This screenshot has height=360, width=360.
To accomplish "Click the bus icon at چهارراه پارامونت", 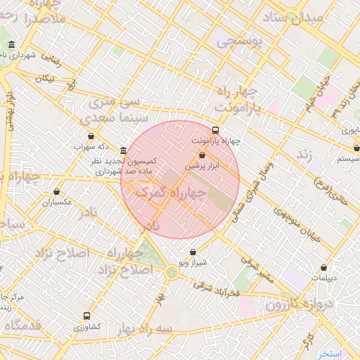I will (215, 130).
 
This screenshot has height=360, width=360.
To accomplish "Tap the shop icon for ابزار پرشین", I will (202, 155).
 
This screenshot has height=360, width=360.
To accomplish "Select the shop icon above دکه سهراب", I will (91, 136).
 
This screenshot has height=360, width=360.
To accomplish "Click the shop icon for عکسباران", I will (56, 192).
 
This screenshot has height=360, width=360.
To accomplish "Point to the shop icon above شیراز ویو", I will (193, 252).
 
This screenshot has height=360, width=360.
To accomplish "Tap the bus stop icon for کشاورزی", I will (86, 316).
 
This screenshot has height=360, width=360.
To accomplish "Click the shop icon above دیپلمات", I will (323, 267).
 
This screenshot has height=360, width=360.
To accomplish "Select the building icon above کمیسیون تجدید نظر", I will (124, 151).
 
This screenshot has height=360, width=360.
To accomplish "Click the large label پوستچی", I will (238, 42).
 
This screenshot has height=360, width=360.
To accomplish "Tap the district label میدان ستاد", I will (295, 18).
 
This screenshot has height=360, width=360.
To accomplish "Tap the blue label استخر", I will (329, 353).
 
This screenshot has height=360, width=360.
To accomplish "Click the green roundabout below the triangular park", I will (172, 272).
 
